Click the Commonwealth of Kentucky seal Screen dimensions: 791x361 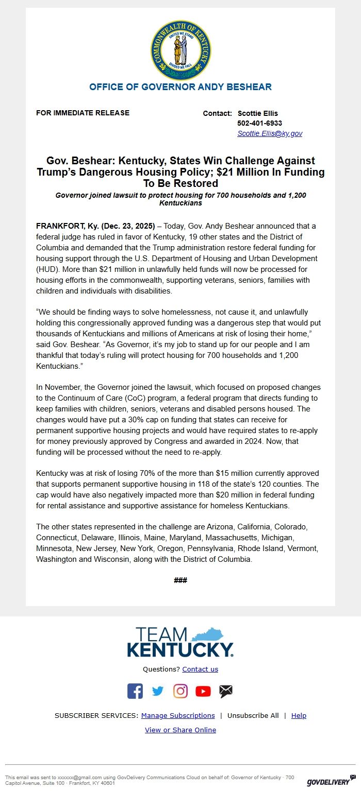[180, 50]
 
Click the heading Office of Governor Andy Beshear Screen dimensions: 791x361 [180, 87]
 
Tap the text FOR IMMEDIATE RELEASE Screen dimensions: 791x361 [83, 113]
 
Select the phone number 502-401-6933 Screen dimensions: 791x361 [259, 123]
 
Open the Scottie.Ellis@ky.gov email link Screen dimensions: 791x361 [270, 133]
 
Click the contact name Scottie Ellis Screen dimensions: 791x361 [257, 113]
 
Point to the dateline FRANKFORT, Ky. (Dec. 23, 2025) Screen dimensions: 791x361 [95, 226]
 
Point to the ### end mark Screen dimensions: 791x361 [180, 580]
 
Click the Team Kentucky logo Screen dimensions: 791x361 [180, 642]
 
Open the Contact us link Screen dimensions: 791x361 [200, 669]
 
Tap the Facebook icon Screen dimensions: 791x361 [135, 691]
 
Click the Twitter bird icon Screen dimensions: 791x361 [158, 691]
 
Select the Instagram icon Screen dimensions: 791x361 [180, 691]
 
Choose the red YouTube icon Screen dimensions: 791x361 [203, 691]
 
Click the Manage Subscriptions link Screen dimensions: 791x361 [178, 715]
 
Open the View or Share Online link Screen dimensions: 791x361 [180, 730]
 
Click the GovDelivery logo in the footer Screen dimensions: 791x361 [331, 781]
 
